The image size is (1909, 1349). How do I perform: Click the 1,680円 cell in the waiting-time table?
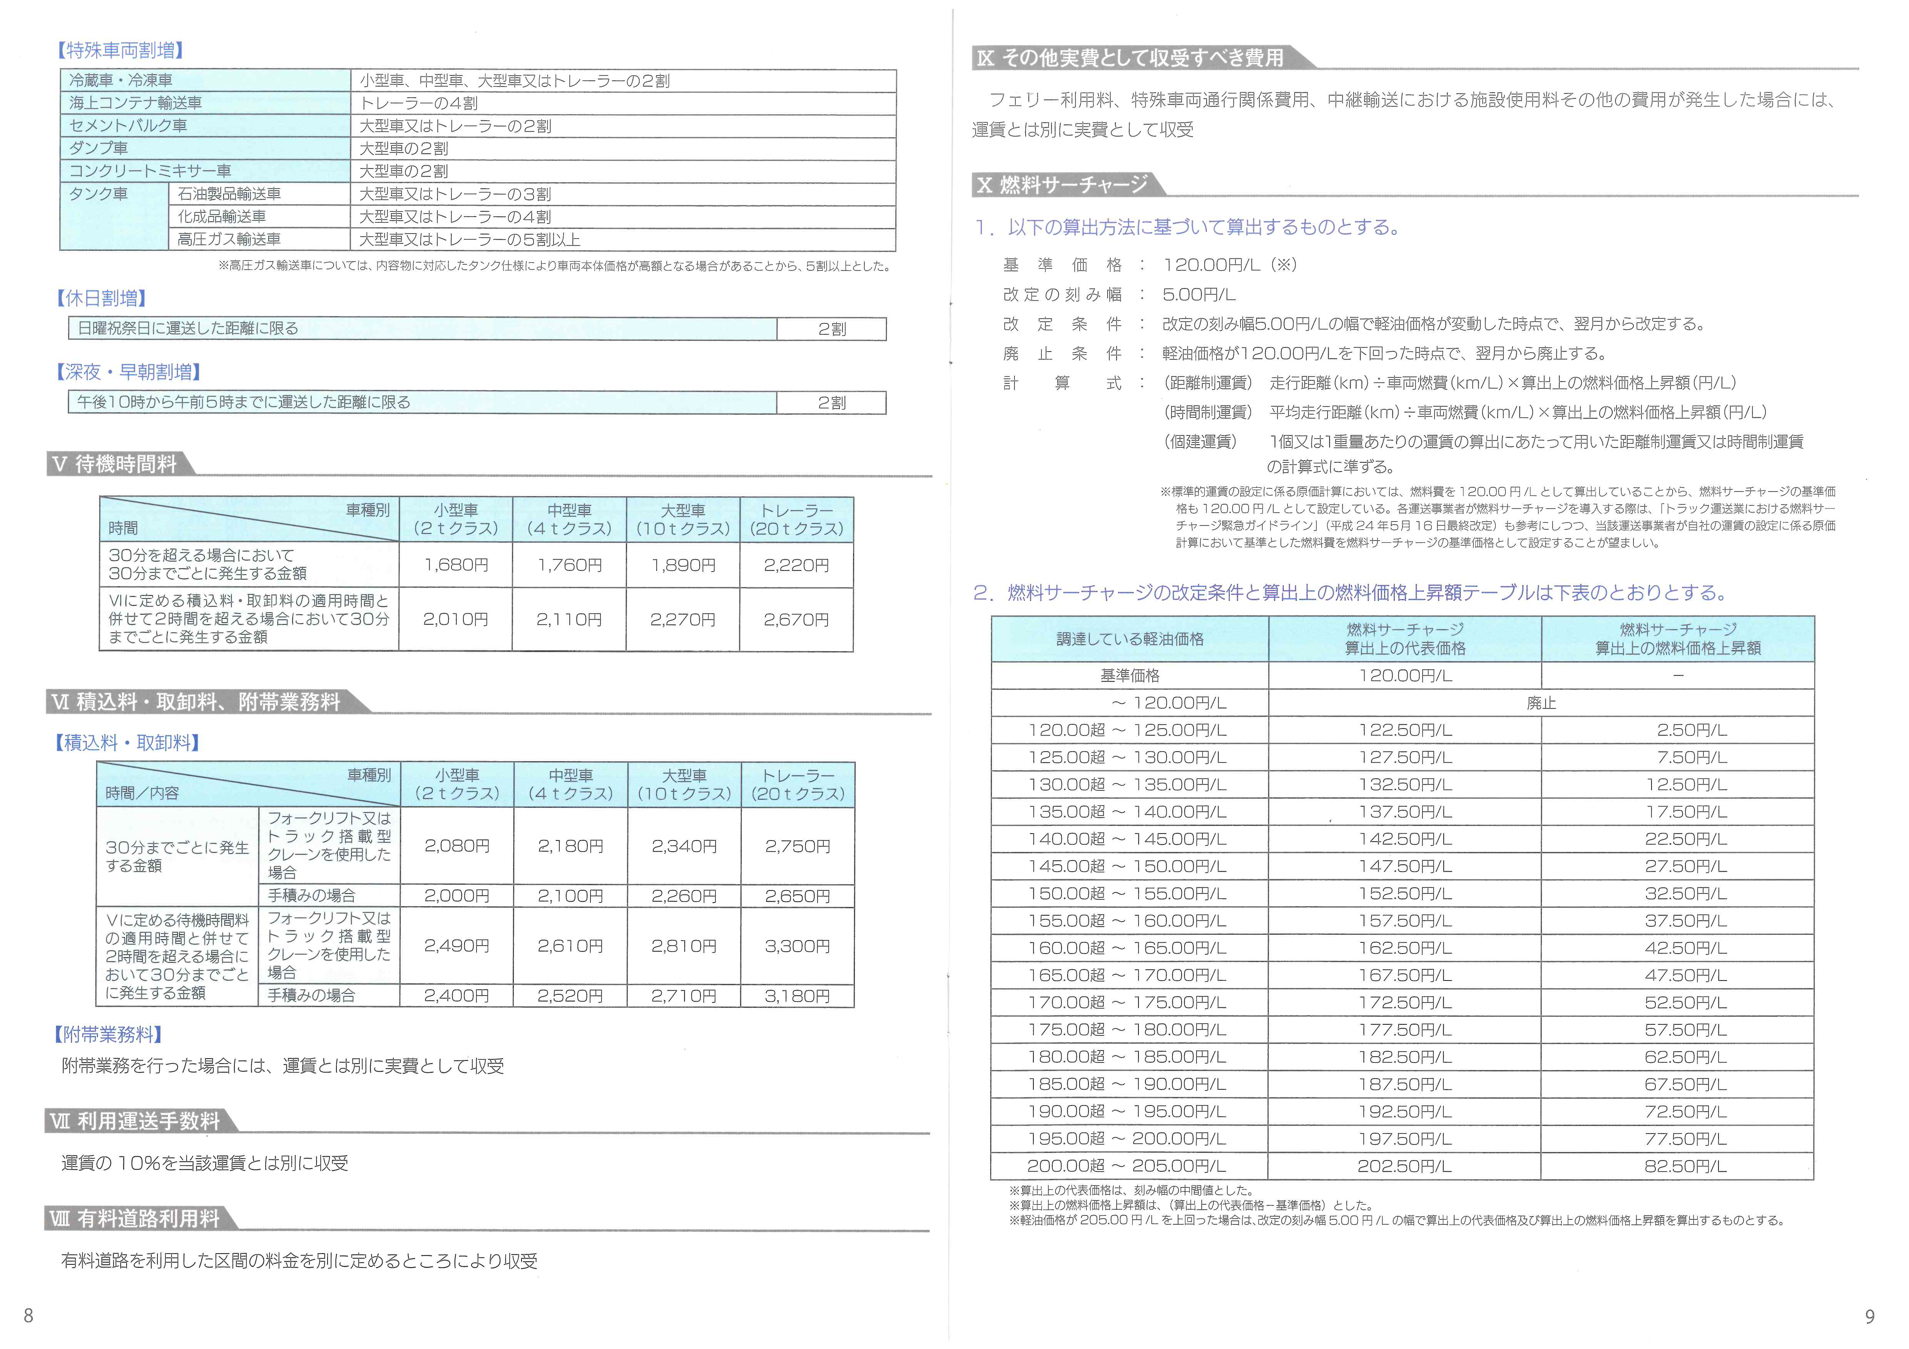[x=456, y=565]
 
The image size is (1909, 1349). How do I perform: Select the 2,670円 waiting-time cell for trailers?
[x=796, y=619]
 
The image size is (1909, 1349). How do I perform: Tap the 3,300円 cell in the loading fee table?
[x=797, y=946]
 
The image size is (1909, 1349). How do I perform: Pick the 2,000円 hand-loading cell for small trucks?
[x=456, y=896]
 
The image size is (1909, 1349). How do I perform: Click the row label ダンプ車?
[x=99, y=148]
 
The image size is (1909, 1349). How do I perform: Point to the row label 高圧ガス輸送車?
[x=229, y=239]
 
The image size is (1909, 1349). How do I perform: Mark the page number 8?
[x=28, y=1315]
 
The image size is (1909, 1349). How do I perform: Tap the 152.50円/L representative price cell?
[x=1404, y=894]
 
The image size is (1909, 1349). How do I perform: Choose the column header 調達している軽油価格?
[x=1129, y=639]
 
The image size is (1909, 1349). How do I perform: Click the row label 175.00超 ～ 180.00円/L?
[x=1127, y=1030]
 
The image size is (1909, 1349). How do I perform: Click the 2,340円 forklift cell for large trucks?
[x=684, y=846]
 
